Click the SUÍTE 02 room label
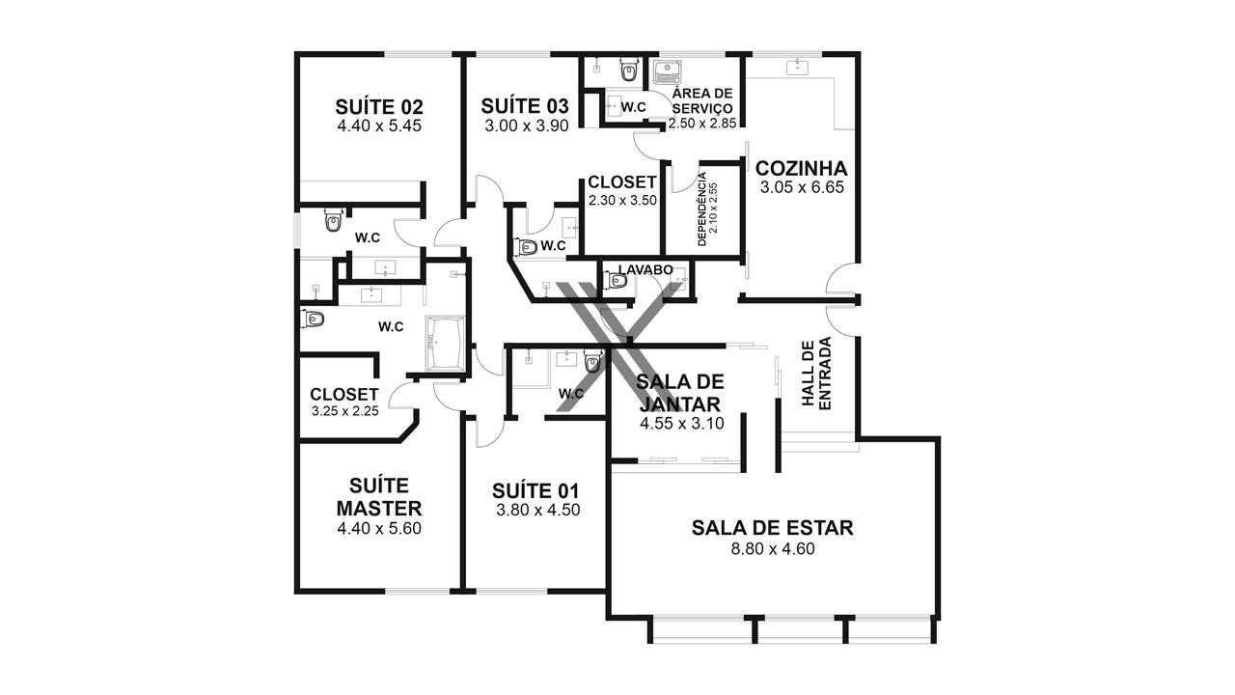click(379, 106)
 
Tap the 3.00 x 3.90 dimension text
click(527, 125)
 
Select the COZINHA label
click(801, 168)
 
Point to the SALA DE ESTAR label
click(773, 528)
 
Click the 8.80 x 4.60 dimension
click(773, 549)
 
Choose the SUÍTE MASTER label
click(379, 497)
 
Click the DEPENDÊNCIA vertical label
click(701, 208)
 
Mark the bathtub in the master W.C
click(445, 343)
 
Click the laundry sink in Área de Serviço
click(666, 72)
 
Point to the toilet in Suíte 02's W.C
click(333, 220)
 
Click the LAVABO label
click(645, 269)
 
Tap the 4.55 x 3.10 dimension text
click(682, 424)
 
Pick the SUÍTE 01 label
click(535, 491)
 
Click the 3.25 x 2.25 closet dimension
click(345, 411)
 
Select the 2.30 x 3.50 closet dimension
click(622, 200)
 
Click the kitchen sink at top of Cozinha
click(797, 68)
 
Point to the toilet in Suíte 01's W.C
click(592, 362)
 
